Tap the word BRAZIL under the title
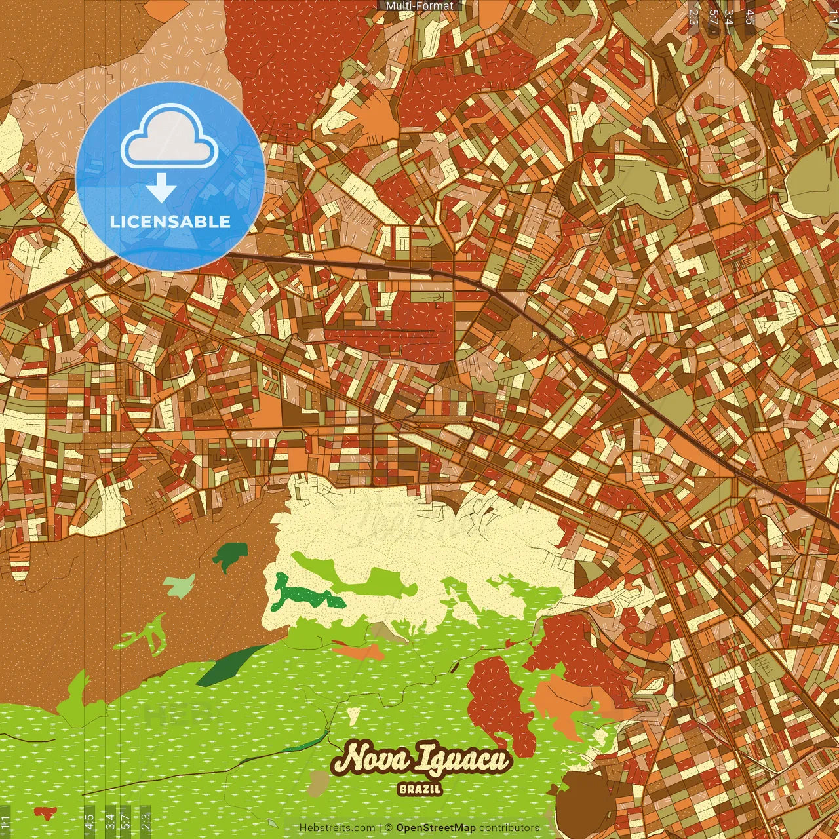click(x=420, y=789)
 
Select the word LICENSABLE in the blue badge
click(x=170, y=222)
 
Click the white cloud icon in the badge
click(x=170, y=140)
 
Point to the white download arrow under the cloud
click(x=161, y=189)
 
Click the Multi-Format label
click(x=419, y=6)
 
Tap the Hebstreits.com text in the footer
click(x=337, y=828)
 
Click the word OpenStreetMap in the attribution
click(x=436, y=828)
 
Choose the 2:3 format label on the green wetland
click(x=146, y=821)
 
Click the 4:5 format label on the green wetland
click(x=89, y=821)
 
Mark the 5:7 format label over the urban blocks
click(x=713, y=17)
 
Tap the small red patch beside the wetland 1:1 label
click(x=45, y=813)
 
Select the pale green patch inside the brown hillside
click(x=179, y=585)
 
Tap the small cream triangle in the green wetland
click(x=353, y=714)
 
